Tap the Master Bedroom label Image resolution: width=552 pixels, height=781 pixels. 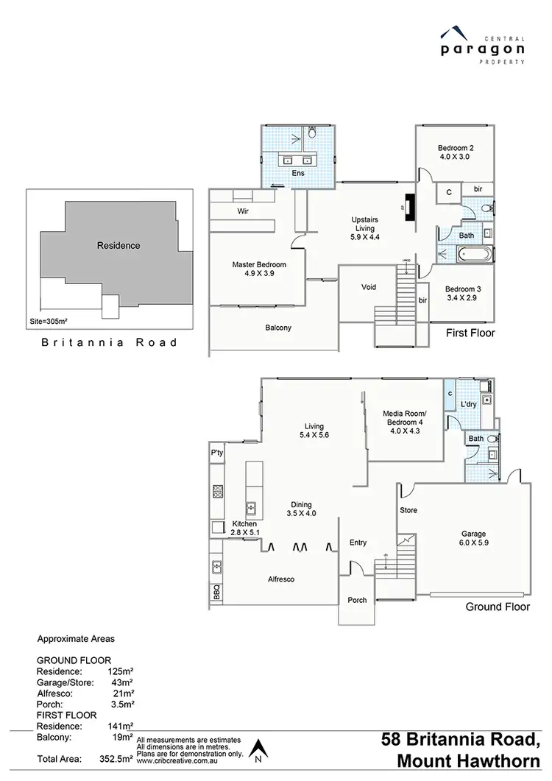(259, 264)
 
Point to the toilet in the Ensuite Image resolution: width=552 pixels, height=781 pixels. (312, 133)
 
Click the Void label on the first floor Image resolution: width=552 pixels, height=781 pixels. (369, 287)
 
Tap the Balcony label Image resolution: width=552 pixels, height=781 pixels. (278, 328)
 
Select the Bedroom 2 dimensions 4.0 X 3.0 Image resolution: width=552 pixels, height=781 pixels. (454, 157)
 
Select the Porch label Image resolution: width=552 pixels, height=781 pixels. (358, 600)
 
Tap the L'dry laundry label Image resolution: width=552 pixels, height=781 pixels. (470, 406)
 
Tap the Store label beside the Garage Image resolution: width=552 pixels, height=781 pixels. (408, 509)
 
